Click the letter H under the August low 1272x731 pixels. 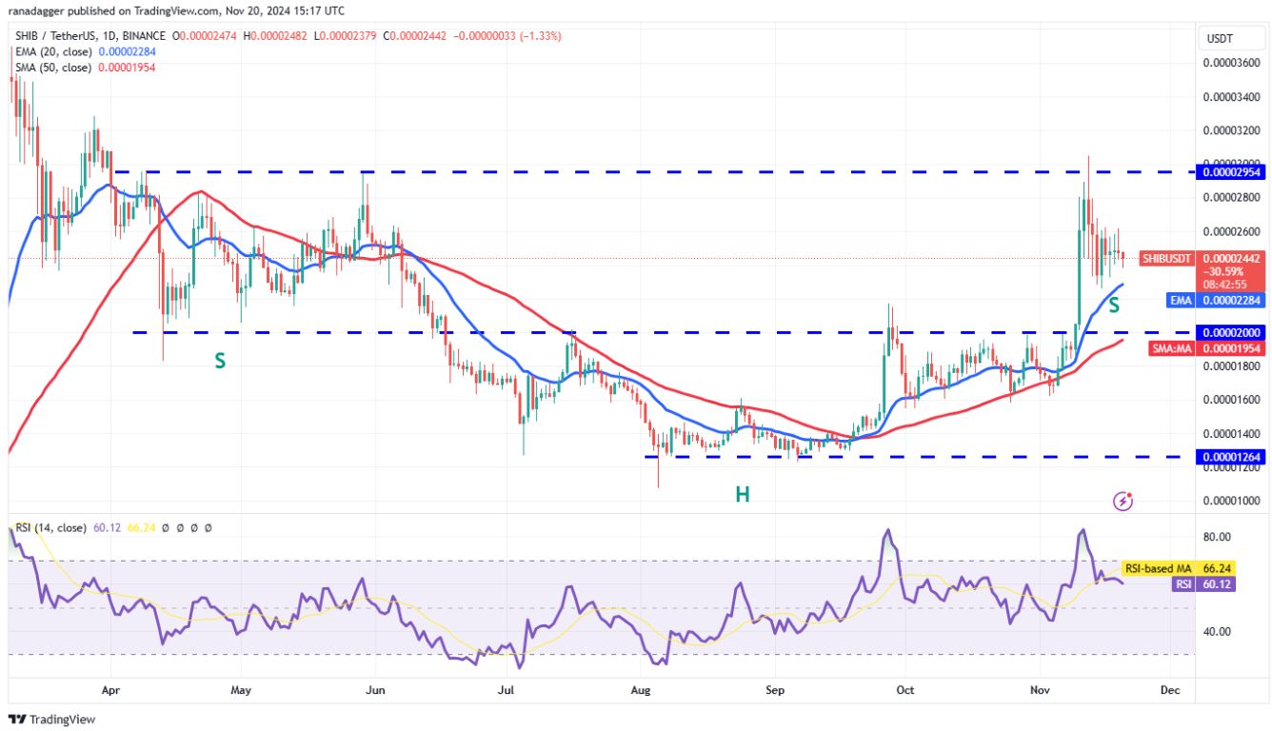pyautogui.click(x=742, y=494)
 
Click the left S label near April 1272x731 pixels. pyautogui.click(x=220, y=361)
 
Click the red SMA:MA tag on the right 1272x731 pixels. pyautogui.click(x=1172, y=349)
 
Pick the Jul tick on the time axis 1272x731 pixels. pyautogui.click(x=507, y=690)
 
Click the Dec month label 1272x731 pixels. pyautogui.click(x=1171, y=690)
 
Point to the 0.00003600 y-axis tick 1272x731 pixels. pyautogui.click(x=1231, y=63)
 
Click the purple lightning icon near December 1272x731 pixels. pyautogui.click(x=1123, y=500)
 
